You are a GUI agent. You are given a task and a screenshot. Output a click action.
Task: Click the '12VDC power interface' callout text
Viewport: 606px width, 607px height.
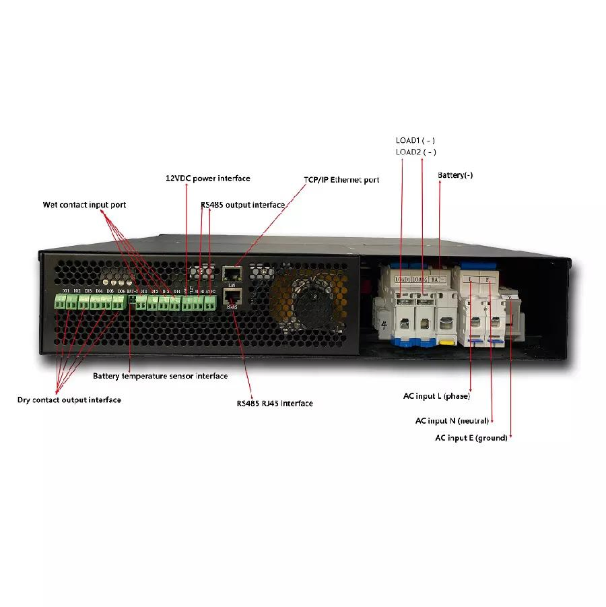click(x=207, y=179)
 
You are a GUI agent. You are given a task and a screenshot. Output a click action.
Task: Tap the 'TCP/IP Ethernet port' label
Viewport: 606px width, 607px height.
click(x=341, y=180)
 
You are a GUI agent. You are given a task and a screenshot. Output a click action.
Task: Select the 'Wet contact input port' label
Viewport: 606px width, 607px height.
click(x=84, y=205)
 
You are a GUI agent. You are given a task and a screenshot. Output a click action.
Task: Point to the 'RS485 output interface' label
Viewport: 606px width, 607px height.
click(x=242, y=204)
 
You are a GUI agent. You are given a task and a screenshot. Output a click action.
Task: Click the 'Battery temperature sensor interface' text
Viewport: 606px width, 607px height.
click(x=160, y=376)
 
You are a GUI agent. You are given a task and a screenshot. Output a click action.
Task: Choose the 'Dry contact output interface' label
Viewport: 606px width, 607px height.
click(x=69, y=400)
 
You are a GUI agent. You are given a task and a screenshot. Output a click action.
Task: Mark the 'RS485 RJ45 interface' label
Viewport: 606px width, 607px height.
click(x=274, y=404)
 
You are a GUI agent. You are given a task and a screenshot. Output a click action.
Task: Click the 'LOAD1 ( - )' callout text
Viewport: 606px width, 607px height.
click(x=415, y=140)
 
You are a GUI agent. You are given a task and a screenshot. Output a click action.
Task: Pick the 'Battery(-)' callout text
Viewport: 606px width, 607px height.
click(x=455, y=175)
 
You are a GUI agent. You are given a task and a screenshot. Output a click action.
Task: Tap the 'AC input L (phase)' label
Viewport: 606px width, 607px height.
click(x=436, y=396)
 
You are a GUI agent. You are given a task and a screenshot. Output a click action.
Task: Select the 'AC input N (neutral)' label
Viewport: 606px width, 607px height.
click(x=454, y=421)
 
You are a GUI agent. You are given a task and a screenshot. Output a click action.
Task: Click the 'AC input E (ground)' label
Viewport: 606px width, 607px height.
click(x=471, y=439)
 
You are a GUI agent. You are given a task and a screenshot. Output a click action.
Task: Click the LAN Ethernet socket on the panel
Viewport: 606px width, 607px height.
click(x=231, y=273)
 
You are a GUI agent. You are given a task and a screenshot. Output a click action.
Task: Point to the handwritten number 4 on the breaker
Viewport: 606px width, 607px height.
click(x=384, y=326)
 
